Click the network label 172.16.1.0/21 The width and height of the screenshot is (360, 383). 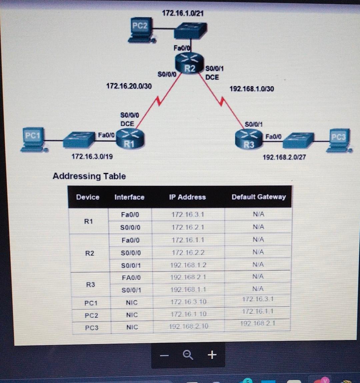pos(183,13)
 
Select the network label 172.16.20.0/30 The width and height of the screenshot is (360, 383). pos(129,86)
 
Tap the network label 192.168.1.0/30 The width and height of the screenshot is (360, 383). pos(252,89)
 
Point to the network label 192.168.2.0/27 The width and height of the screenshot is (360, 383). pos(284,157)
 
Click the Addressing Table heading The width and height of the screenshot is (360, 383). pos(89,176)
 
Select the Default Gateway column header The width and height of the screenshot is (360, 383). pos(259,197)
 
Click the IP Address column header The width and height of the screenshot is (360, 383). pos(188,197)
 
